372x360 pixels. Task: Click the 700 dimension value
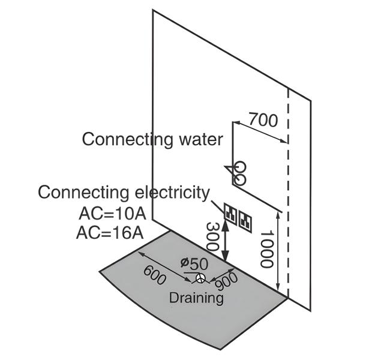(263, 120)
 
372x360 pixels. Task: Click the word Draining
(196, 298)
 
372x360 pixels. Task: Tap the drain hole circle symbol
(200, 278)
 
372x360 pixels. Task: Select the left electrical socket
(231, 212)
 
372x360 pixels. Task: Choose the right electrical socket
(245, 219)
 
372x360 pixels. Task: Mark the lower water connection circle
(240, 179)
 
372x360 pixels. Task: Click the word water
(199, 139)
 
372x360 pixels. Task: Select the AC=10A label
(110, 213)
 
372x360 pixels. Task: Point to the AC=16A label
(110, 232)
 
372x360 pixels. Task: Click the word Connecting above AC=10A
(82, 193)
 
